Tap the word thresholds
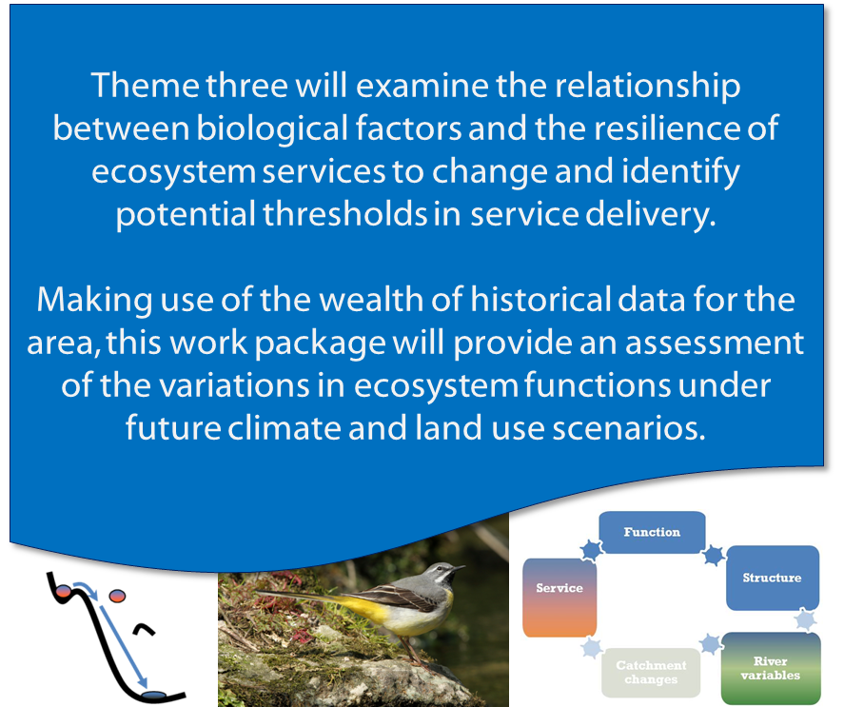345,214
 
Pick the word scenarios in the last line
629,428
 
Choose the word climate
284,428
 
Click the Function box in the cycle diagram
652,532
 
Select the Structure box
773,578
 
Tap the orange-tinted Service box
559,598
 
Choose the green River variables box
771,668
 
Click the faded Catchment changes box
651,673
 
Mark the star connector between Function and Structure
715,555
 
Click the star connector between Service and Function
591,550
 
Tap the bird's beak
458,567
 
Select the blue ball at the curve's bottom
155,696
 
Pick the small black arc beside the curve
145,629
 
